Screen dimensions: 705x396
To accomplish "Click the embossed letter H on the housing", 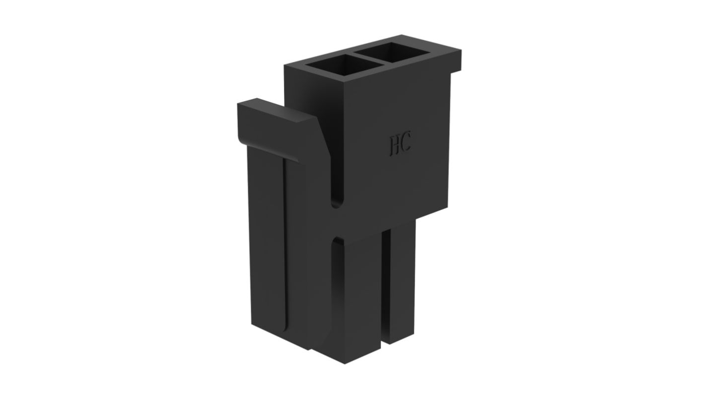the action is (x=395, y=145).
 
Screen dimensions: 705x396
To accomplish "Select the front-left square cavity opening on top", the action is (x=344, y=65).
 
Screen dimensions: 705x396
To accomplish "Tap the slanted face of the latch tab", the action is (x=323, y=138).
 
